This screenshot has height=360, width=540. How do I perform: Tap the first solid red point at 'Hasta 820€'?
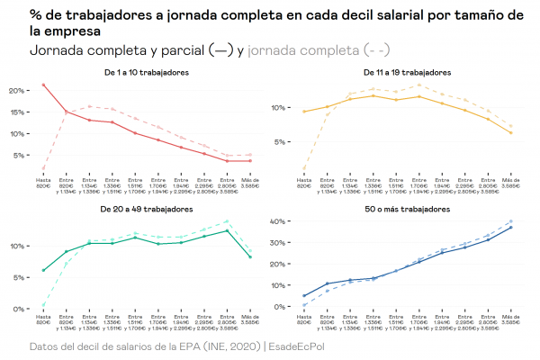click(x=44, y=85)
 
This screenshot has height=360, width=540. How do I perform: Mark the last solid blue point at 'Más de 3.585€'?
click(x=510, y=228)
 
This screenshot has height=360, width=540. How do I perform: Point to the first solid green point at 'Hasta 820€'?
click(x=44, y=270)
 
